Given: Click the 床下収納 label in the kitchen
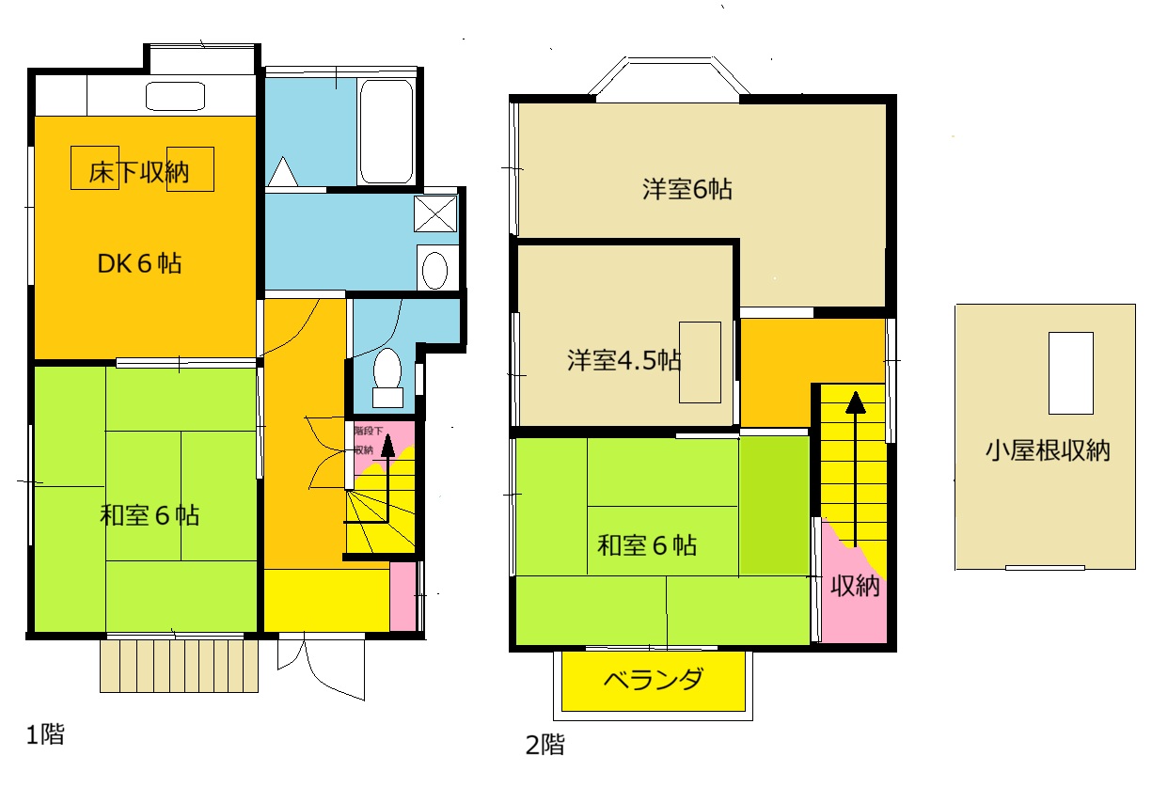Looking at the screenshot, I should point(139,172).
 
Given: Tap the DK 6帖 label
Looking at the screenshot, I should point(140,263).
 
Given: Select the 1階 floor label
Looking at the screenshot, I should point(45,734).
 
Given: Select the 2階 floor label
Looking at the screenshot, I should point(545,746).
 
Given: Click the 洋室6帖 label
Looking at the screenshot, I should point(687,189).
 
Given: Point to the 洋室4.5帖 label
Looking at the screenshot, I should point(623,360).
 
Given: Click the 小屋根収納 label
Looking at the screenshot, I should point(1048,450).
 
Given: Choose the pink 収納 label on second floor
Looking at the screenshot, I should point(855,586).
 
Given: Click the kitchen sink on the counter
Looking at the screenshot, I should point(175,95).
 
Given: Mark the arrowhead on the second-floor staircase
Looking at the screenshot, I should point(855,402).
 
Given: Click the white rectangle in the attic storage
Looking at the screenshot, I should point(1070,372).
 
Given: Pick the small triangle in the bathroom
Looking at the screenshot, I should point(282,173).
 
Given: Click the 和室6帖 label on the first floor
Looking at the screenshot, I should point(150,515).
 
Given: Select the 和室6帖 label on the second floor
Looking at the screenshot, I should point(647,544).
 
